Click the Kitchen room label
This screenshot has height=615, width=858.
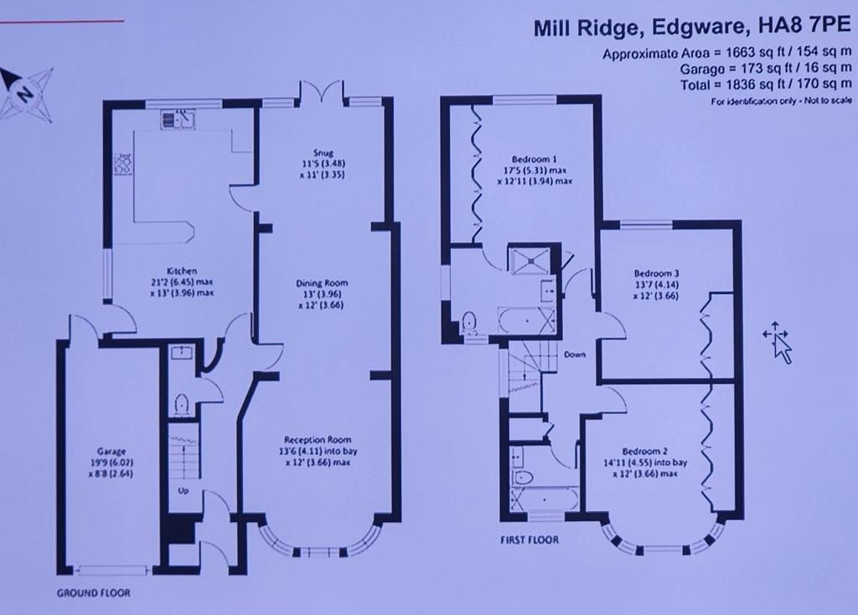tap(182, 271)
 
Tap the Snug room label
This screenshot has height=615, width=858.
tap(323, 152)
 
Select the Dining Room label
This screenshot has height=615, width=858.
tap(322, 283)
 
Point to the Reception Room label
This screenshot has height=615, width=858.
tap(318, 439)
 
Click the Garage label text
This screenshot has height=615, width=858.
tap(111, 452)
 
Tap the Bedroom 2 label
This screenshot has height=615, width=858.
tap(644, 452)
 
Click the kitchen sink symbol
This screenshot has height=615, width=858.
tap(178, 119)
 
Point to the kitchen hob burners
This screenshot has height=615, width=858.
tap(123, 164)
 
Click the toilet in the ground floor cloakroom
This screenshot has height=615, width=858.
tap(181, 406)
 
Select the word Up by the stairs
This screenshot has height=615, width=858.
tap(183, 491)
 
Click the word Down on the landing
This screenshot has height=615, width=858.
tap(575, 354)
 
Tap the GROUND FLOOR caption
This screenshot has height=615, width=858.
tap(93, 592)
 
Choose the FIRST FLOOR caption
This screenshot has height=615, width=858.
tap(530, 540)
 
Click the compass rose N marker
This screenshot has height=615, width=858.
tap(23, 94)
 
